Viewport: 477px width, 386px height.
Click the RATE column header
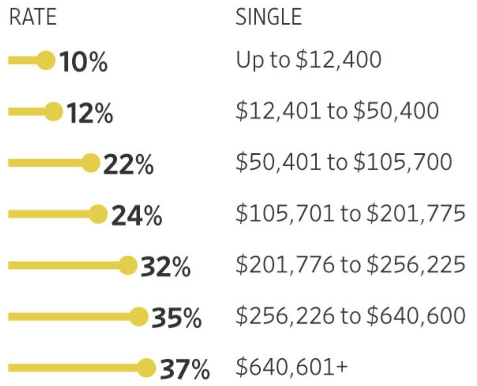pos(33,17)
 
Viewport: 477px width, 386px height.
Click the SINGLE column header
pos(268,17)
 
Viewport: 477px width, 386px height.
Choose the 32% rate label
pos(165,267)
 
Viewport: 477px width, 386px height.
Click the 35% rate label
pos(176,318)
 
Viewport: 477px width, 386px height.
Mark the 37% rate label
pos(184,369)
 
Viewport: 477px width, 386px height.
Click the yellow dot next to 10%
pos(45,60)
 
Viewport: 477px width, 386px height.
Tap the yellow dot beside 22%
pos(91,163)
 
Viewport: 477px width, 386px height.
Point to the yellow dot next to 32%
pos(128,265)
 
